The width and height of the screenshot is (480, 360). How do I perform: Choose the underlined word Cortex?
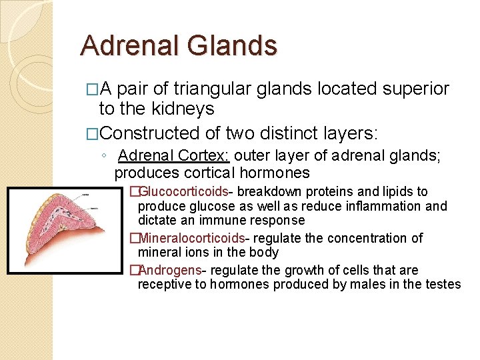pyautogui.click(x=204, y=156)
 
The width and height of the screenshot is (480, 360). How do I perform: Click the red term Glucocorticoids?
pyautogui.click(x=183, y=192)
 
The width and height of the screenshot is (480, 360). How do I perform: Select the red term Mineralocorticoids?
pyautogui.click(x=191, y=238)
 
